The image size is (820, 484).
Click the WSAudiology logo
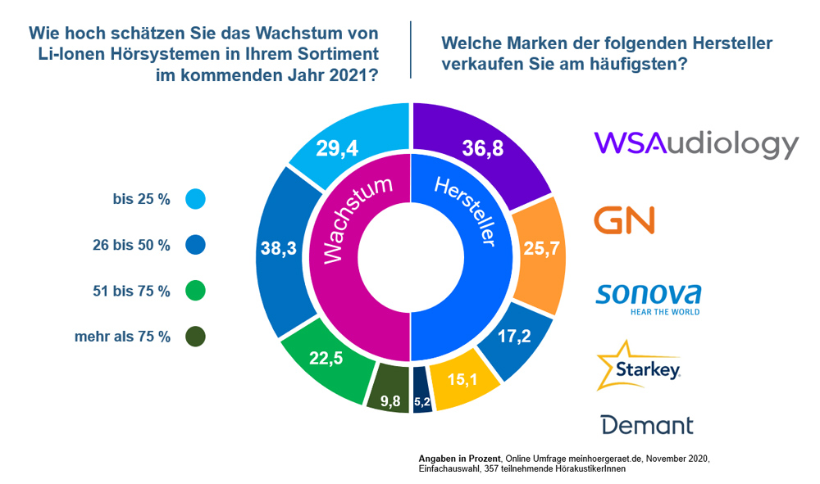click(x=696, y=144)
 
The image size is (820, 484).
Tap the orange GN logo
click(x=624, y=220)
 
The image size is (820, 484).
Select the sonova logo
click(x=649, y=297)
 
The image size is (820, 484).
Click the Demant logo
click(x=647, y=424)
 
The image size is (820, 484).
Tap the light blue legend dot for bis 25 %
click(x=195, y=198)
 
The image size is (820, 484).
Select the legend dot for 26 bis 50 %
click(x=195, y=244)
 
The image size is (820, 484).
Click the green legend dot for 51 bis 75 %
click(x=195, y=291)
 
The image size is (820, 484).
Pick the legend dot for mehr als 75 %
click(x=195, y=337)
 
